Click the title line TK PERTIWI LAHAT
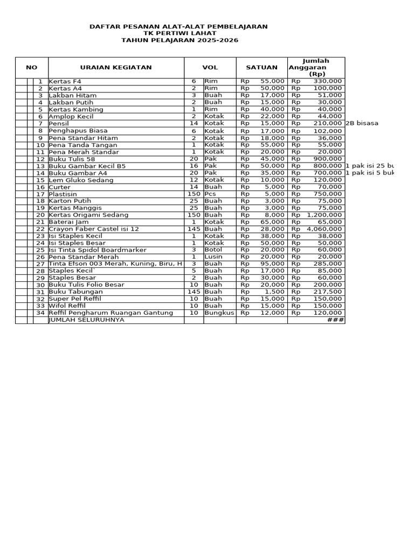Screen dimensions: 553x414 (x=178, y=33)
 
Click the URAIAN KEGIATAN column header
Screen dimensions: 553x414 (x=116, y=68)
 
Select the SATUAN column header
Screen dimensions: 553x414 (x=261, y=68)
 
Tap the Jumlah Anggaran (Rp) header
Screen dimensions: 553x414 (x=316, y=68)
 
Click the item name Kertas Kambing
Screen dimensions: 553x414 (x=76, y=109)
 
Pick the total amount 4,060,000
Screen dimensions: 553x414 (x=324, y=228)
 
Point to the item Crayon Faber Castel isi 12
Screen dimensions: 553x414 (x=94, y=228)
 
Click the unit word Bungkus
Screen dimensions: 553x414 (x=219, y=313)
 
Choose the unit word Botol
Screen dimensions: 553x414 (x=213, y=249)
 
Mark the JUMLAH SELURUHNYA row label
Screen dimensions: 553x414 (x=86, y=320)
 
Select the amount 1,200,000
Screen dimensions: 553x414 (x=324, y=214)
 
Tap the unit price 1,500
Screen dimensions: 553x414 (x=275, y=292)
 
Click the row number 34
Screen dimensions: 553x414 (x=40, y=313)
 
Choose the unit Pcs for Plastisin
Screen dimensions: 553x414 (x=210, y=193)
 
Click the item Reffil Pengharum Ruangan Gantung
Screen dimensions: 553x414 (x=111, y=313)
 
